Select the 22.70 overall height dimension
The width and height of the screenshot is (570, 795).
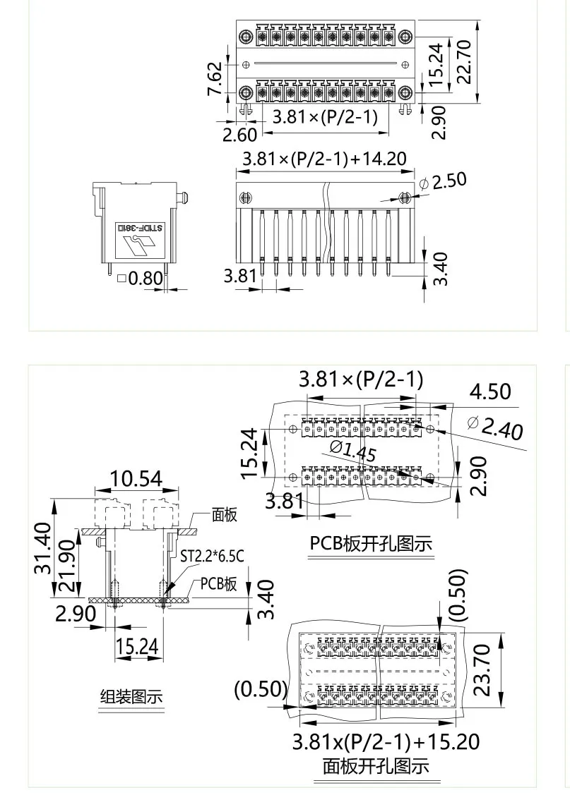tap(464, 62)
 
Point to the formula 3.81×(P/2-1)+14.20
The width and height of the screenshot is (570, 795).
tap(324, 159)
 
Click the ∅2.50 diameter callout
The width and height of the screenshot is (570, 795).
tap(443, 181)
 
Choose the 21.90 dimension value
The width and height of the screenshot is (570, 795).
tap(67, 559)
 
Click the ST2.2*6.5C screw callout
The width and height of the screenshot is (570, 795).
tap(212, 557)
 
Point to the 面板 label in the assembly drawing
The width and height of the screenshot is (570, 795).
tap(225, 515)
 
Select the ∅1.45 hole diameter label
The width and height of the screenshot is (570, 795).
tap(352, 451)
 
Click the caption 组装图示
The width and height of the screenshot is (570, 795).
tap(130, 697)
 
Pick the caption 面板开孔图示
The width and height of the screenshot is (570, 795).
tap(376, 765)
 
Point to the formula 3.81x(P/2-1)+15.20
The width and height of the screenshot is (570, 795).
tap(386, 741)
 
